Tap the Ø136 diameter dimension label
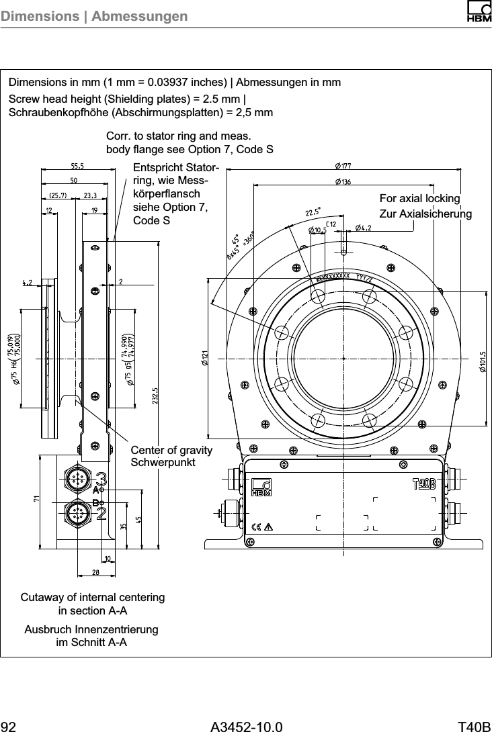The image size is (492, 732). point(343,181)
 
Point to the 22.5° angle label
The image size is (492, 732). point(313,212)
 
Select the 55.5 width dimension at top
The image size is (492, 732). point(77,166)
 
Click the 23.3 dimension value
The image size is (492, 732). point(91,195)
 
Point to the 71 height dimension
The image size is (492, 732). point(37,498)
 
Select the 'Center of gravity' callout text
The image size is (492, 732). point(171,450)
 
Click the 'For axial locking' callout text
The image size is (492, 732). point(419,199)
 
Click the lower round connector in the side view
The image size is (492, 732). point(75,514)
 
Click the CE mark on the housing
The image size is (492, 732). point(256,526)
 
